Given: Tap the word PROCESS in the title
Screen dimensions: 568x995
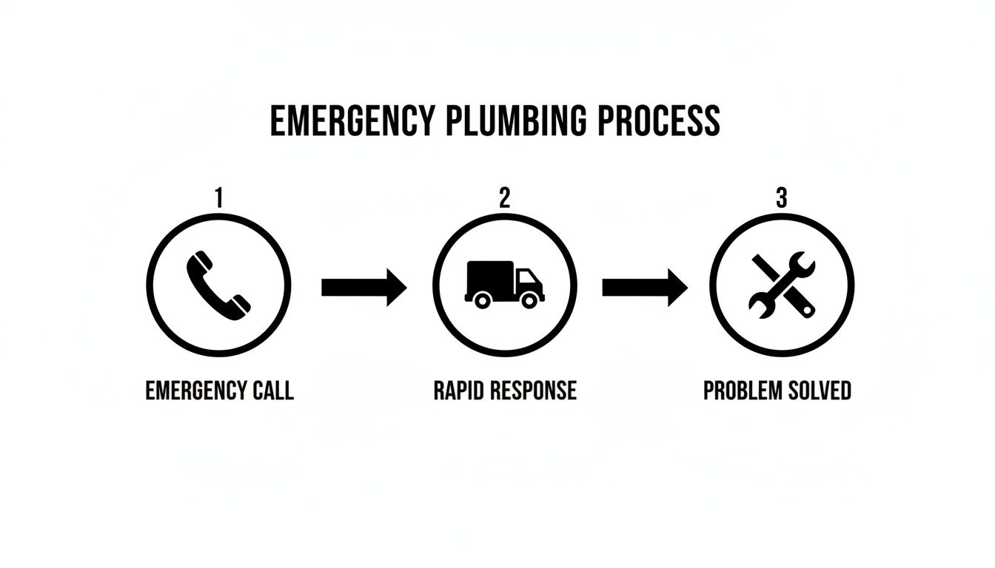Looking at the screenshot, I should click(658, 121).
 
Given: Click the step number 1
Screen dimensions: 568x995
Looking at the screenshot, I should click(218, 198).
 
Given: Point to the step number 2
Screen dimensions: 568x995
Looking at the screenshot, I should click(504, 198).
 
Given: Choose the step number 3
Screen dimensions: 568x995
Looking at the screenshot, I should click(781, 198).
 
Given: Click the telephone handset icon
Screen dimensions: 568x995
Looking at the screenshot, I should click(218, 286).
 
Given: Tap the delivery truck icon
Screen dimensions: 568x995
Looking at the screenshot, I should click(504, 284).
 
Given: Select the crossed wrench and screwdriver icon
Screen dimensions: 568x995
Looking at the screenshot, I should click(782, 285).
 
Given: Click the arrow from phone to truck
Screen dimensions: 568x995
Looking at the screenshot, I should click(364, 287).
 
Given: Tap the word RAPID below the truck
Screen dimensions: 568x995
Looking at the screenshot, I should click(458, 390).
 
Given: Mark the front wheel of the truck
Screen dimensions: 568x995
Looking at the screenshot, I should click(529, 300).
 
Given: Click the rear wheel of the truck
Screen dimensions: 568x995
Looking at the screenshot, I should click(482, 300).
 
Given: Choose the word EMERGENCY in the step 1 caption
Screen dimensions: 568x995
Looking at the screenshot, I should click(195, 390).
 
